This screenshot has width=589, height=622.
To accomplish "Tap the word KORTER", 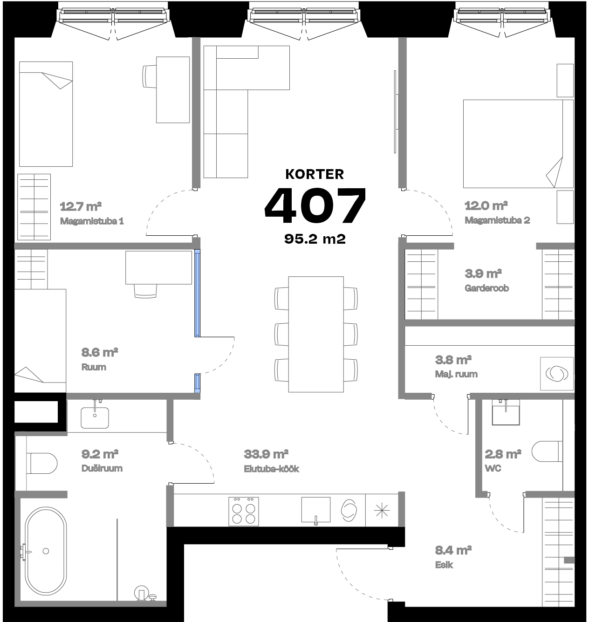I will point(315,174).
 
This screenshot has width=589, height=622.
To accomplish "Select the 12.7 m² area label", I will point(81,206).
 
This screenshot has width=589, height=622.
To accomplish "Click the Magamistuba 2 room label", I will point(497,220).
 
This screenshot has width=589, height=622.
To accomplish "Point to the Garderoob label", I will point(486,288).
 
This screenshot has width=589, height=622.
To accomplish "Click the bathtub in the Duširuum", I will point(45,550).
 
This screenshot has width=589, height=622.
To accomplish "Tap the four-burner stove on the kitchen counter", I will point(244,512).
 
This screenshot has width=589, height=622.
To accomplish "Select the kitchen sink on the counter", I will point(315,510).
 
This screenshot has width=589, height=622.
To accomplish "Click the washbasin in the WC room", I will point(506,413).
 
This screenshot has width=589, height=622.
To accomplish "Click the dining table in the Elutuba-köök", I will point(316,334).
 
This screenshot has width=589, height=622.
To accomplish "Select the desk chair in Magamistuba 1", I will point(149,76).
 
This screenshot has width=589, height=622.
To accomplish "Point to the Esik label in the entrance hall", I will point(444,565).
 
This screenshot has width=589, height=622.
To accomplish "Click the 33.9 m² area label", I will point(266,454).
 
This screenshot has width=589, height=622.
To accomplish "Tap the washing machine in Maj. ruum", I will point(557,374).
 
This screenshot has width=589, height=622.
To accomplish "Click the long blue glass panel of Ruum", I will point(197,294).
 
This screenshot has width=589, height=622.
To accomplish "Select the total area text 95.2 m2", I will point(315,239).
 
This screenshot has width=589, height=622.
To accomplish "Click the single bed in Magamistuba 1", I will point(46,114).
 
